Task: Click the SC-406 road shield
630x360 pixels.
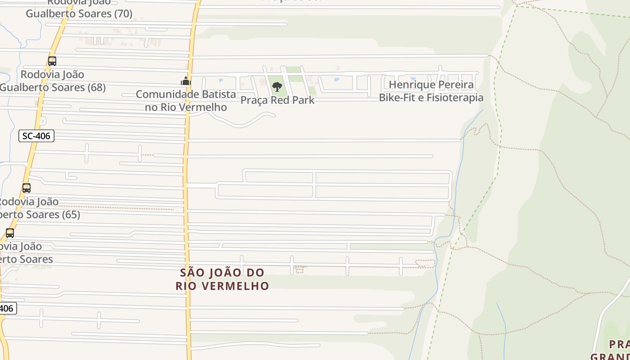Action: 36,136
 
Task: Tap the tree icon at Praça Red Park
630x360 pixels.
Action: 277,86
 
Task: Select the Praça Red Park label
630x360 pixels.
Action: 277,100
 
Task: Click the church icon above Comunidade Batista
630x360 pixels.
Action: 186,81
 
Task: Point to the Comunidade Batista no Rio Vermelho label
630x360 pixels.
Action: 186,101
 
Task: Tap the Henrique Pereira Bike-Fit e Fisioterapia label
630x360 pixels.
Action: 431,91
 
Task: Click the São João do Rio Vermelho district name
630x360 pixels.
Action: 222,279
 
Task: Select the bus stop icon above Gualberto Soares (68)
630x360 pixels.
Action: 52,61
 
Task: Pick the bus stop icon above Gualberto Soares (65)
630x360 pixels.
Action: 27,188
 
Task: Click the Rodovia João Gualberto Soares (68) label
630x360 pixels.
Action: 53,81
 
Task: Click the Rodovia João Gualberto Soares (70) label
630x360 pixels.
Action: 79,8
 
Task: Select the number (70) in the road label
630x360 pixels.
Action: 123,13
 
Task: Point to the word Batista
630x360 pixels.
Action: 219,94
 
